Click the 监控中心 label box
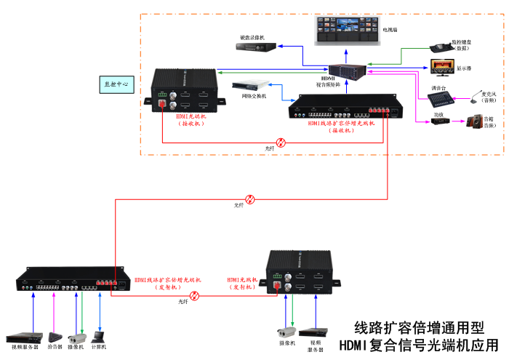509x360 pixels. [115, 84]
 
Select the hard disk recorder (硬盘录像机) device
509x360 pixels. [257, 47]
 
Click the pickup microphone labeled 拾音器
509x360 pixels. [55, 337]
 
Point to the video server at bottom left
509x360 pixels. [23, 337]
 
